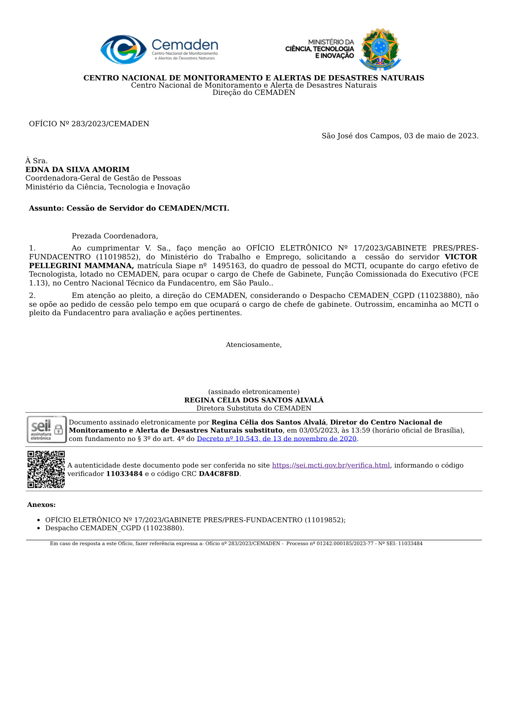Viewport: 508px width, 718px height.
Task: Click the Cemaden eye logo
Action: click(123, 49)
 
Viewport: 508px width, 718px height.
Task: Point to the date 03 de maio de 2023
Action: click(441, 136)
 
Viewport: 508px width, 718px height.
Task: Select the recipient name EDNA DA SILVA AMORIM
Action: click(78, 170)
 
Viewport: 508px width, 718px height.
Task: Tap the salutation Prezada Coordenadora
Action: click(115, 236)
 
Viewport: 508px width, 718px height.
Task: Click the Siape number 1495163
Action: click(228, 266)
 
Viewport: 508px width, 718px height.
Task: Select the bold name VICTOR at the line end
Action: click(461, 257)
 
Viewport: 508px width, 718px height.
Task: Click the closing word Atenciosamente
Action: click(254, 345)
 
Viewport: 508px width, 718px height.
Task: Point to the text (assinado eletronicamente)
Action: click(254, 392)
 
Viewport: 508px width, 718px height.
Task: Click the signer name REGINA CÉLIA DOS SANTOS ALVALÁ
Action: click(254, 400)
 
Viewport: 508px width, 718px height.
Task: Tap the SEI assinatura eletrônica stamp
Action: click(46, 429)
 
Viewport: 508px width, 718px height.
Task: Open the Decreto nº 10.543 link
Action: click(277, 439)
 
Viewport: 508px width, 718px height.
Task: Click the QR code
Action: click(46, 469)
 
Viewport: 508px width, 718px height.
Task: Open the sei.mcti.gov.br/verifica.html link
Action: click(331, 465)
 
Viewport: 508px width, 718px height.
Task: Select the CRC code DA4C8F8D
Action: click(219, 474)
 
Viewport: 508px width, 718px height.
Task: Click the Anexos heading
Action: click(41, 505)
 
